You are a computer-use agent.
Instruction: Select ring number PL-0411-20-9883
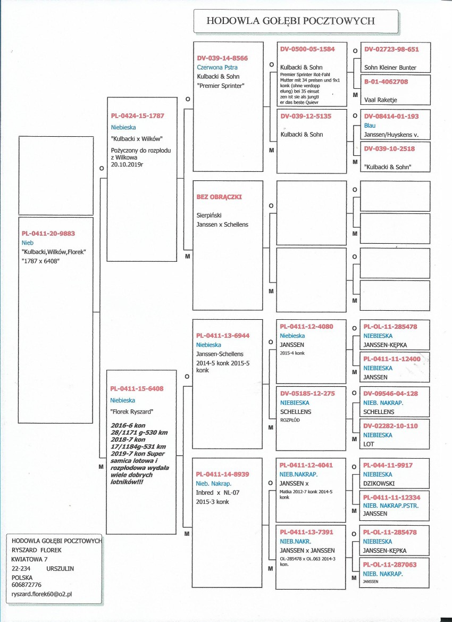pos(47,234)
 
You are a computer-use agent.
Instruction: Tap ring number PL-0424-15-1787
pos(137,116)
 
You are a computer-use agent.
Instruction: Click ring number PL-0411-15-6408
pos(137,389)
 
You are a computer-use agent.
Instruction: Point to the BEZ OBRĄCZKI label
pos(219,197)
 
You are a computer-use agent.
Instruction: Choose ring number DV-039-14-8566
pos(222,58)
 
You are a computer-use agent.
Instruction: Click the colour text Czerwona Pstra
pos(217,68)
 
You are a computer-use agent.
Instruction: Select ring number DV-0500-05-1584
pos(307,49)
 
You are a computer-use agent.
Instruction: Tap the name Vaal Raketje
pos(380,100)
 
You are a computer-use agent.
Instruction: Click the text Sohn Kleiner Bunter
pos(390,68)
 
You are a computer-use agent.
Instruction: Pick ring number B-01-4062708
pos(386,82)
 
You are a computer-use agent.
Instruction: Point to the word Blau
pos(370,126)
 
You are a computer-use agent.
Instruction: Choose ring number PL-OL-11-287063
pos(390,565)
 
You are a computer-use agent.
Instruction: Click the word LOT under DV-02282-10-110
pos(369,444)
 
